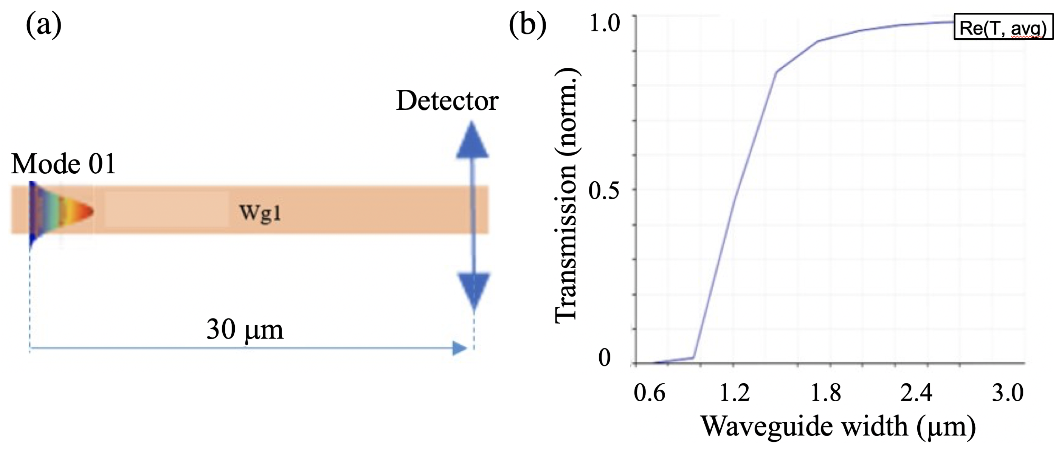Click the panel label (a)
[44, 26]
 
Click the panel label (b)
[527, 26]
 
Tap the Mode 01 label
[63, 164]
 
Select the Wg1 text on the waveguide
[260, 213]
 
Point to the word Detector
[447, 101]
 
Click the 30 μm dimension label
[245, 329]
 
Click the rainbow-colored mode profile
[58, 212]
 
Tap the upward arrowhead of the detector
[472, 141]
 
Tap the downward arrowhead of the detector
[474, 291]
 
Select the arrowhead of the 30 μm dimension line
[459, 348]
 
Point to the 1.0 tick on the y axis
[604, 23]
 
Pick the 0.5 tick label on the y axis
[603, 190]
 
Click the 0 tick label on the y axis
[604, 357]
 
